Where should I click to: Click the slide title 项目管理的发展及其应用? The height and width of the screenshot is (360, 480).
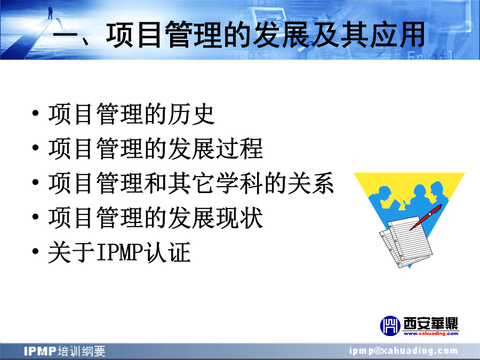click(266, 35)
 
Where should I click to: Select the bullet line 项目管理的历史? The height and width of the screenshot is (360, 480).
click(131, 114)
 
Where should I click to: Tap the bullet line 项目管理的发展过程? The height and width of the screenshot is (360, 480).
click(156, 149)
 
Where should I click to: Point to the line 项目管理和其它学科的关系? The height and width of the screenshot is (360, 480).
click(191, 183)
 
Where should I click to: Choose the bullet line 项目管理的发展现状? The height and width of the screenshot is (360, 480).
click(156, 218)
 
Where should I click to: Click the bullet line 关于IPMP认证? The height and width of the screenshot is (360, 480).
click(119, 252)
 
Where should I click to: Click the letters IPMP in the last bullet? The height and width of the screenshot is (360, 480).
click(120, 252)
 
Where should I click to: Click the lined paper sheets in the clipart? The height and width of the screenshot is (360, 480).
click(406, 242)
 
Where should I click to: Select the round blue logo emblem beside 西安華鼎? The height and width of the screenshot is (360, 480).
click(390, 326)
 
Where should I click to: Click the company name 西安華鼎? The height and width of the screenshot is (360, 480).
click(431, 323)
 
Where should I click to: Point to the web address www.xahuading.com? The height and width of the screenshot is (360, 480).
click(431, 334)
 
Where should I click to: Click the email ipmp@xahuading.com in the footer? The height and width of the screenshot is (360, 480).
click(404, 351)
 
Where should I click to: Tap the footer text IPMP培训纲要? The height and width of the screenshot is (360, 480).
click(65, 351)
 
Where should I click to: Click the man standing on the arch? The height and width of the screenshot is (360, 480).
click(50, 12)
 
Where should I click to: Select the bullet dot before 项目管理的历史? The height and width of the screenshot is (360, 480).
click(36, 113)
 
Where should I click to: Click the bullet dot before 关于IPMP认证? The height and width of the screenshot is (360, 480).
click(36, 251)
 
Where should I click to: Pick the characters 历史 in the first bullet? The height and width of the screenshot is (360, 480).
click(191, 114)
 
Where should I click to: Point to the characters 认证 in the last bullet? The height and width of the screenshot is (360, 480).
click(168, 252)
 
